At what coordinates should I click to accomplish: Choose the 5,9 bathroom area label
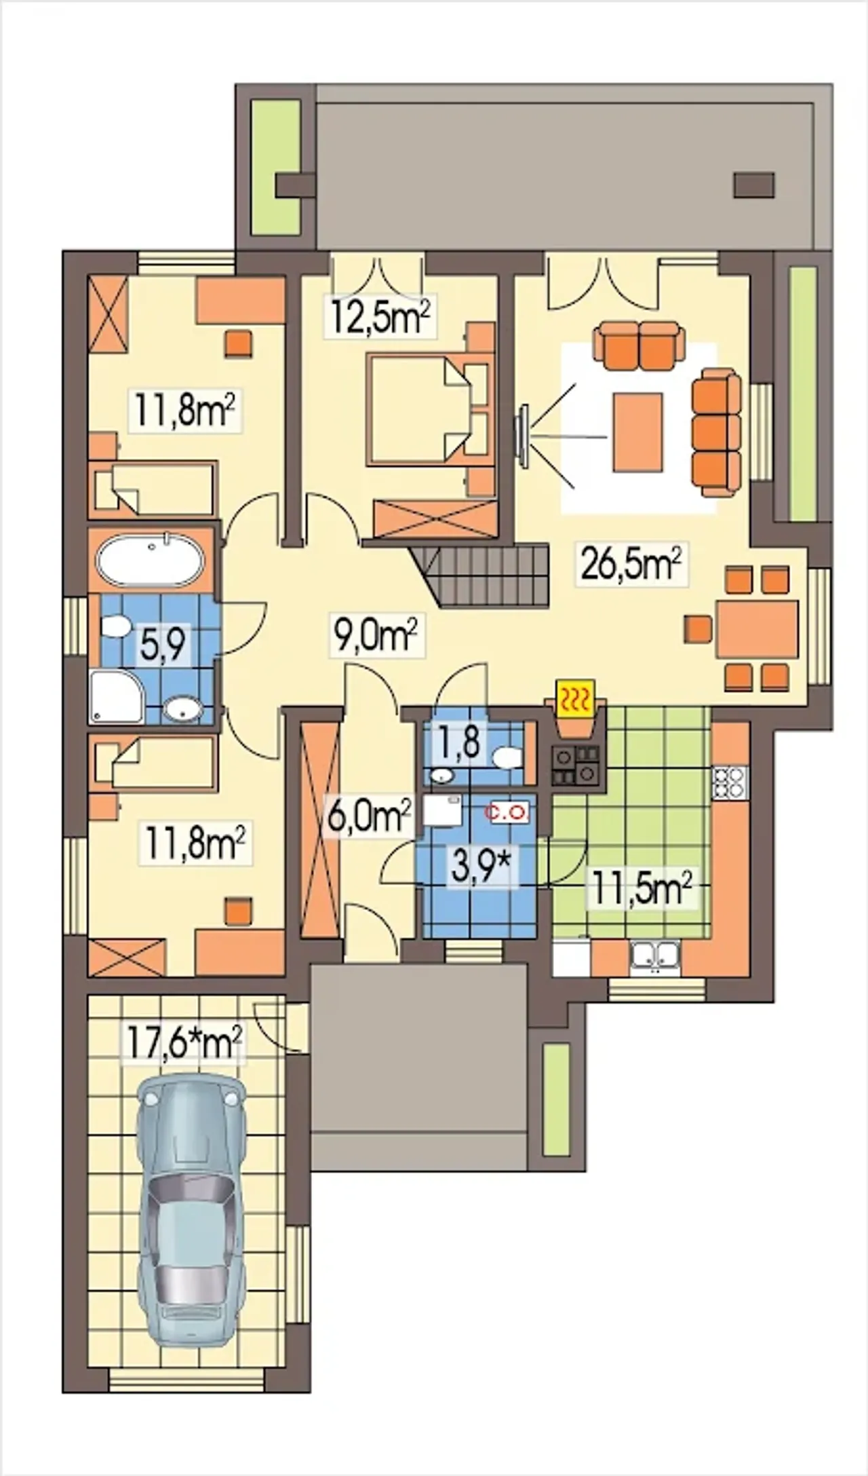pyautogui.click(x=163, y=644)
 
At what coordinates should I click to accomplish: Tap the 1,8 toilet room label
pyautogui.click(x=461, y=744)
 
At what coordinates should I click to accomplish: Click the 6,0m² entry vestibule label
pyautogui.click(x=370, y=816)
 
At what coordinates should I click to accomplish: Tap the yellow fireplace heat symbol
pyautogui.click(x=575, y=698)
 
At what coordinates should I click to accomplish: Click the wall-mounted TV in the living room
pyautogui.click(x=523, y=436)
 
